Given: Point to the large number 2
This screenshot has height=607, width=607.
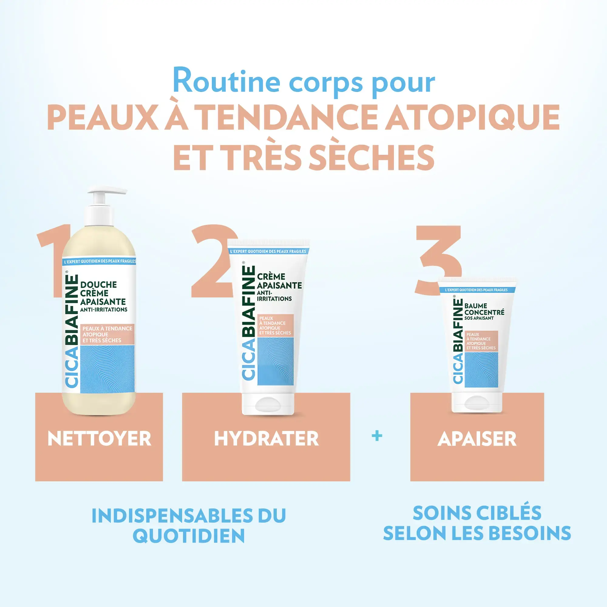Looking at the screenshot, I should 211,261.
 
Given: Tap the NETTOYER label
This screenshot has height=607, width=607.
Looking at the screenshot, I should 99,439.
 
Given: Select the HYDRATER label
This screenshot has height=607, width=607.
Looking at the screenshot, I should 266,439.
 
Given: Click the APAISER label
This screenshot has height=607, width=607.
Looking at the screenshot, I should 477,439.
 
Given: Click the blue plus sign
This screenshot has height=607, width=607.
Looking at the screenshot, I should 377,436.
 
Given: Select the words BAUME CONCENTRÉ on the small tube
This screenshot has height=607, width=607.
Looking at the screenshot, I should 484,309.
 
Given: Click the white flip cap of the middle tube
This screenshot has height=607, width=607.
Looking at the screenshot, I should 268,405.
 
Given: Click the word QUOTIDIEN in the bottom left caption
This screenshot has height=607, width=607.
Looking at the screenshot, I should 188,536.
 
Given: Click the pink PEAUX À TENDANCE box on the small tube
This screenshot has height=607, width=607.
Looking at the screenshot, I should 481,341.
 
